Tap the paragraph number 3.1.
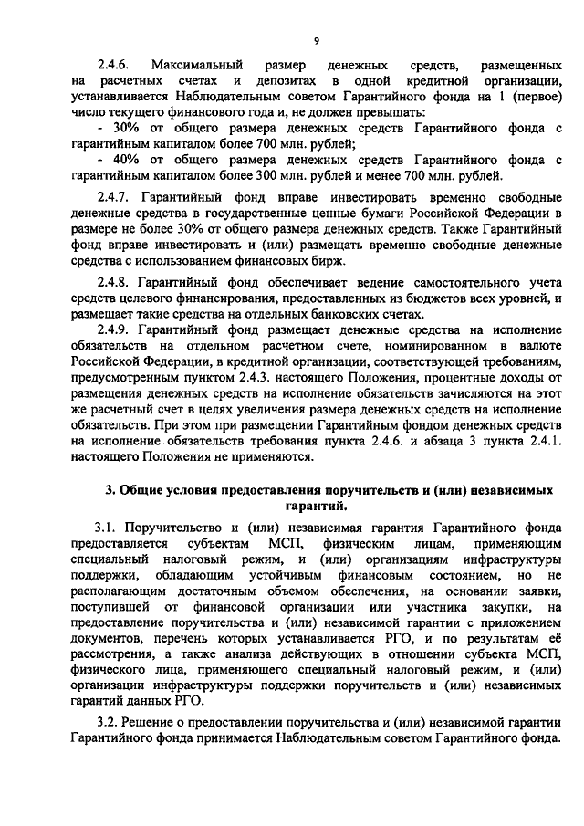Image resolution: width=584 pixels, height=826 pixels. tap(106, 528)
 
